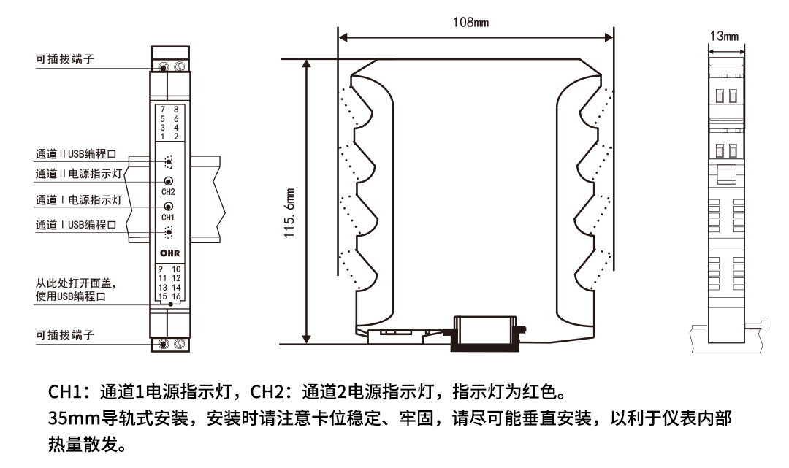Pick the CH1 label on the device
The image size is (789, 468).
(168, 218)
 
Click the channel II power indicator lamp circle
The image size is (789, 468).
(169, 181)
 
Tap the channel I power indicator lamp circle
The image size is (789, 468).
(169, 207)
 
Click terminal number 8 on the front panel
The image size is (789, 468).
(175, 109)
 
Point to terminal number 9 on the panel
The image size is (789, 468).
(160, 269)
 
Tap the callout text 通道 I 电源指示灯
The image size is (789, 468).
(78, 199)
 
